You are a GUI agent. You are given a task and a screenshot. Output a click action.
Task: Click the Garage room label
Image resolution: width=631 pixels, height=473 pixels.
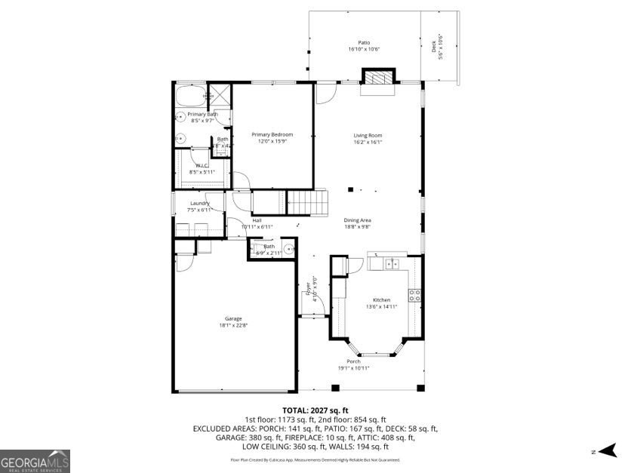[232, 318]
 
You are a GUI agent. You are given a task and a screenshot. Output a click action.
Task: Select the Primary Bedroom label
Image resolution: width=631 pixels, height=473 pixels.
[272, 134]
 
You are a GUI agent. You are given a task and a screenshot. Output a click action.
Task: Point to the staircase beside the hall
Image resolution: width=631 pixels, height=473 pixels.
[307, 202]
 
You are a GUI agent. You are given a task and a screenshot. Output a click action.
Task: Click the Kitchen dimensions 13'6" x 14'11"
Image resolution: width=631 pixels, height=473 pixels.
[380, 306]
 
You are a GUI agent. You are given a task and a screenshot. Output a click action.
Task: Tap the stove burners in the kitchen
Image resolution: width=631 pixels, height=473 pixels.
[414, 295]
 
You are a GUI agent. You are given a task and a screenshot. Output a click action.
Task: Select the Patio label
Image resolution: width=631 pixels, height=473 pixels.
[364, 43]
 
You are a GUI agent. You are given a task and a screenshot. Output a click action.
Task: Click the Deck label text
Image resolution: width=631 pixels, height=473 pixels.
[433, 47]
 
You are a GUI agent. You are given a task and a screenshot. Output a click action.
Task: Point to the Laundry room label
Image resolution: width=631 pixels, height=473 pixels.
[199, 203]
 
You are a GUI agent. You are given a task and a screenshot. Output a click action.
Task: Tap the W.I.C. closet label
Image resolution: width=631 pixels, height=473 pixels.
[202, 165]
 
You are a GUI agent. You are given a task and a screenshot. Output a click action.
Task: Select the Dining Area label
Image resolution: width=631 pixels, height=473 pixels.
[358, 220]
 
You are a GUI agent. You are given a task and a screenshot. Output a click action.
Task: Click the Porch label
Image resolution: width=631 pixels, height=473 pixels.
[353, 361]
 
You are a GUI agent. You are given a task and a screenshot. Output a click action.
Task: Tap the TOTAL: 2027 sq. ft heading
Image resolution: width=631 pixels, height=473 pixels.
[315, 410]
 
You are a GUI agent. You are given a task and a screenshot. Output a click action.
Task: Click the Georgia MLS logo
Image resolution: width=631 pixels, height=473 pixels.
[35, 460]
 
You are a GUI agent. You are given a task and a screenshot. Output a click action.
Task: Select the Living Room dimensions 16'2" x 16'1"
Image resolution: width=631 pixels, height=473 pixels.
[368, 142]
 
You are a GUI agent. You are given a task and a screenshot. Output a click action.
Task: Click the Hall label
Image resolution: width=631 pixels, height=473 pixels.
[257, 220]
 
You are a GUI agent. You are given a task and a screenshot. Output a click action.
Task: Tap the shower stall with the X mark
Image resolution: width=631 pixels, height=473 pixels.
[219, 94]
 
